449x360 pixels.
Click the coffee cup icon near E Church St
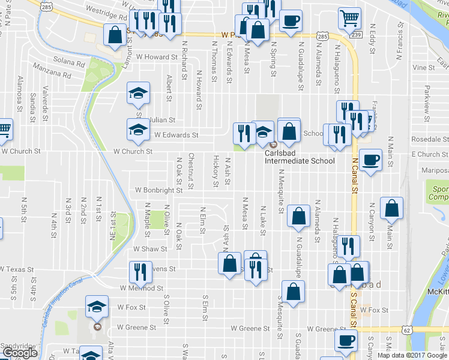(x=371, y=160)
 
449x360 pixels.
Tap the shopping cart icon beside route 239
(x=349, y=18)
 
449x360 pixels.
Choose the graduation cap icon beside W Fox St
(x=97, y=307)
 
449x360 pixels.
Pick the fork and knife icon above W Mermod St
(x=138, y=272)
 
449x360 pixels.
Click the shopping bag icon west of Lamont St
(x=114, y=35)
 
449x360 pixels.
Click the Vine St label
(x=424, y=67)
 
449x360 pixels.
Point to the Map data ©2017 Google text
(x=412, y=355)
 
